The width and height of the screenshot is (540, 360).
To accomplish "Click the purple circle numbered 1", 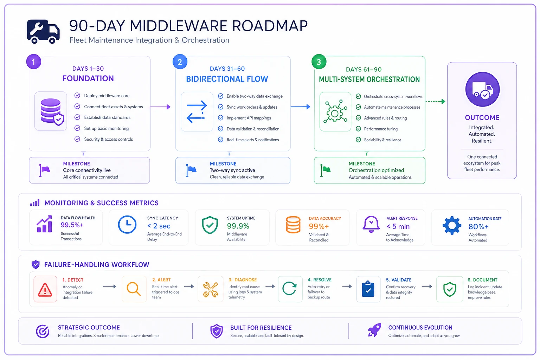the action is click(33, 62).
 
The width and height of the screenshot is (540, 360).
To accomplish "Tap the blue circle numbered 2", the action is click(180, 62).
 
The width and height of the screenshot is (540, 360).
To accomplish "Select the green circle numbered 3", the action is click(319, 62).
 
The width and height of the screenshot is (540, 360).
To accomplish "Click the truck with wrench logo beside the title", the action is click(43, 32).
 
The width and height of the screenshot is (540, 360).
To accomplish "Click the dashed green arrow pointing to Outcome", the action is click(435, 102).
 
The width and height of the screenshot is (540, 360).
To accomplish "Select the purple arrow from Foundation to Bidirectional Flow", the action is click(160, 107).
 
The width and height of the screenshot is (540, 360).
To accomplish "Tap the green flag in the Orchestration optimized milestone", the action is click(325, 170).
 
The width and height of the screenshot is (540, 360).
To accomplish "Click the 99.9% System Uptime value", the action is click(238, 226).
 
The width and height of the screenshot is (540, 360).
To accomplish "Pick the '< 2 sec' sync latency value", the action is click(159, 226).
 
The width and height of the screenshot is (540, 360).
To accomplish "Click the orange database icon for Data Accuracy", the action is click(293, 225).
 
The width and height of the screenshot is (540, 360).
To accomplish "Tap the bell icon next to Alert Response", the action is click(371, 224).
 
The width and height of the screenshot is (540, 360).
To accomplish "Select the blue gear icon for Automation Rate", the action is click(452, 225).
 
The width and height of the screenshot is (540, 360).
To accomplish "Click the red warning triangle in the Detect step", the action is click(45, 290).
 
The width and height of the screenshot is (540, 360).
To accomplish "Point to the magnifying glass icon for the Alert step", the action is click(134, 289).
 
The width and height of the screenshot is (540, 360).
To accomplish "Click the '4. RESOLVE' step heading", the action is click(320, 280).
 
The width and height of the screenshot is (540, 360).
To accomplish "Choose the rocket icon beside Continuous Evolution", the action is click(374, 330).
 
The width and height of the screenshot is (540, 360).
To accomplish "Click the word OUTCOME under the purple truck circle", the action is click(482, 118).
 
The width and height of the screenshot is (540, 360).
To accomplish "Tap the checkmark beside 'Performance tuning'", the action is click(359, 129).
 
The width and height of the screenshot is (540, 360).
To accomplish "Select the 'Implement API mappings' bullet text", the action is click(249, 118).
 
